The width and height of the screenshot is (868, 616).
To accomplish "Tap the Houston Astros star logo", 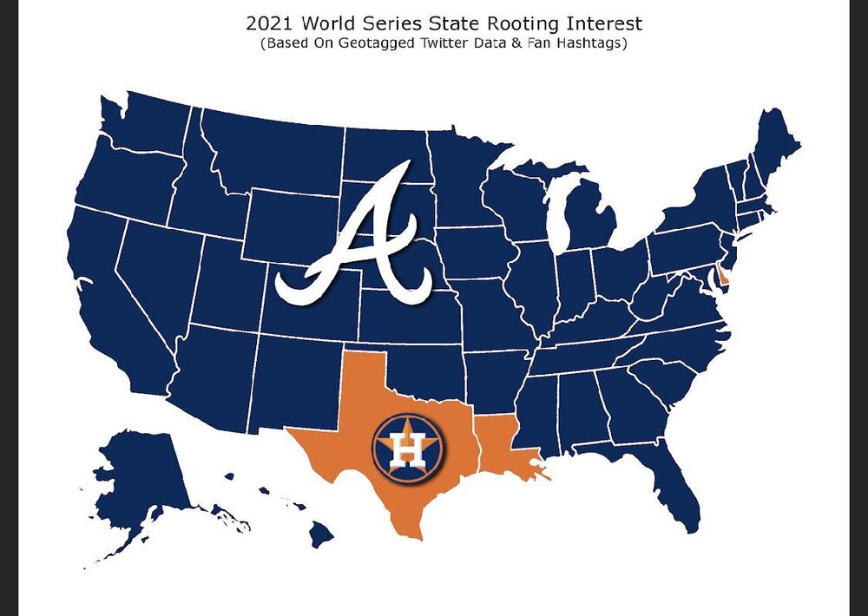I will click(x=408, y=447).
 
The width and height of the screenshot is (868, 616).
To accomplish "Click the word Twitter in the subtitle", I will click(x=448, y=44).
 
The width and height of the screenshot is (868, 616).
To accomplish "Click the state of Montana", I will click(x=269, y=152).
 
